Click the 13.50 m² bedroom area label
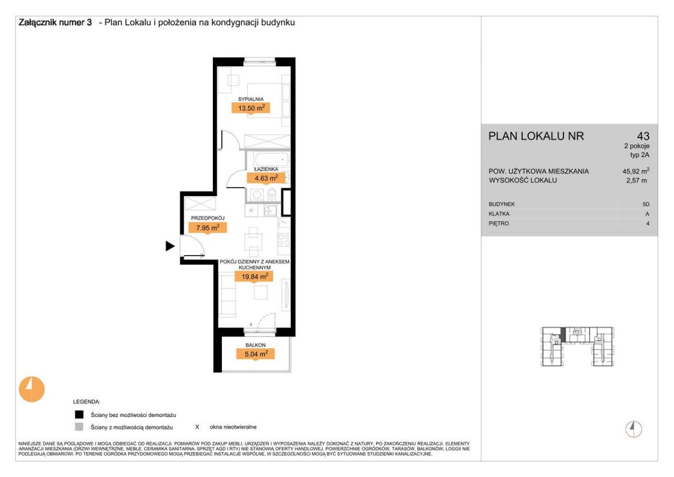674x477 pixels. pos(251,108)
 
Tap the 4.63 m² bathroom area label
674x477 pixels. pos(266,178)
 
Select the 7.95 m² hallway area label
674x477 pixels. pos(208,228)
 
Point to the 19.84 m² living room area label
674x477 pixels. pos(254,276)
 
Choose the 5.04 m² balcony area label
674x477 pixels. pos(256,354)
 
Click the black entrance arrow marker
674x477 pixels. pos(170,246)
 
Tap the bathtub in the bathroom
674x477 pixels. pos(267,159)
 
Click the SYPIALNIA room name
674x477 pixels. pos(251,99)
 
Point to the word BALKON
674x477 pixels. pos(256,345)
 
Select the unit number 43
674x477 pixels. pos(643,136)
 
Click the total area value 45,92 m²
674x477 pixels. pos(636,171)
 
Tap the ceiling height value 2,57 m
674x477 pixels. pos(636,180)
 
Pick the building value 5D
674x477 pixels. pos(646,205)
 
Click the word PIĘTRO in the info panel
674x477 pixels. pos(499,224)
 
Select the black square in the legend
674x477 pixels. pos(79,415)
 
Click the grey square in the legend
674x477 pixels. pos(79,427)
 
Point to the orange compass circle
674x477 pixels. pos(31,389)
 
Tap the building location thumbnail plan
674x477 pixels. pos(578,347)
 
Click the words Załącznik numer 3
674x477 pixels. pos(55,22)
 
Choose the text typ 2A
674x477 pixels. pos(640,155)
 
